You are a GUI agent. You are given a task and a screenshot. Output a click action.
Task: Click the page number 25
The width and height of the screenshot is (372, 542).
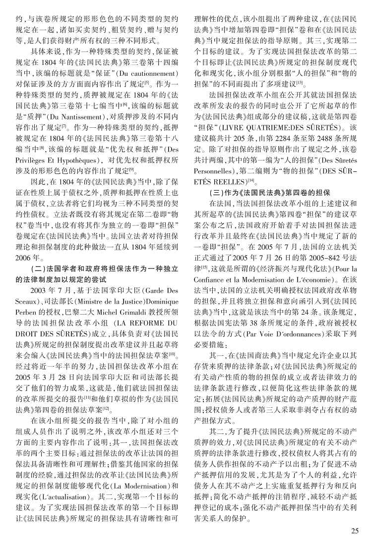point(355,531)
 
